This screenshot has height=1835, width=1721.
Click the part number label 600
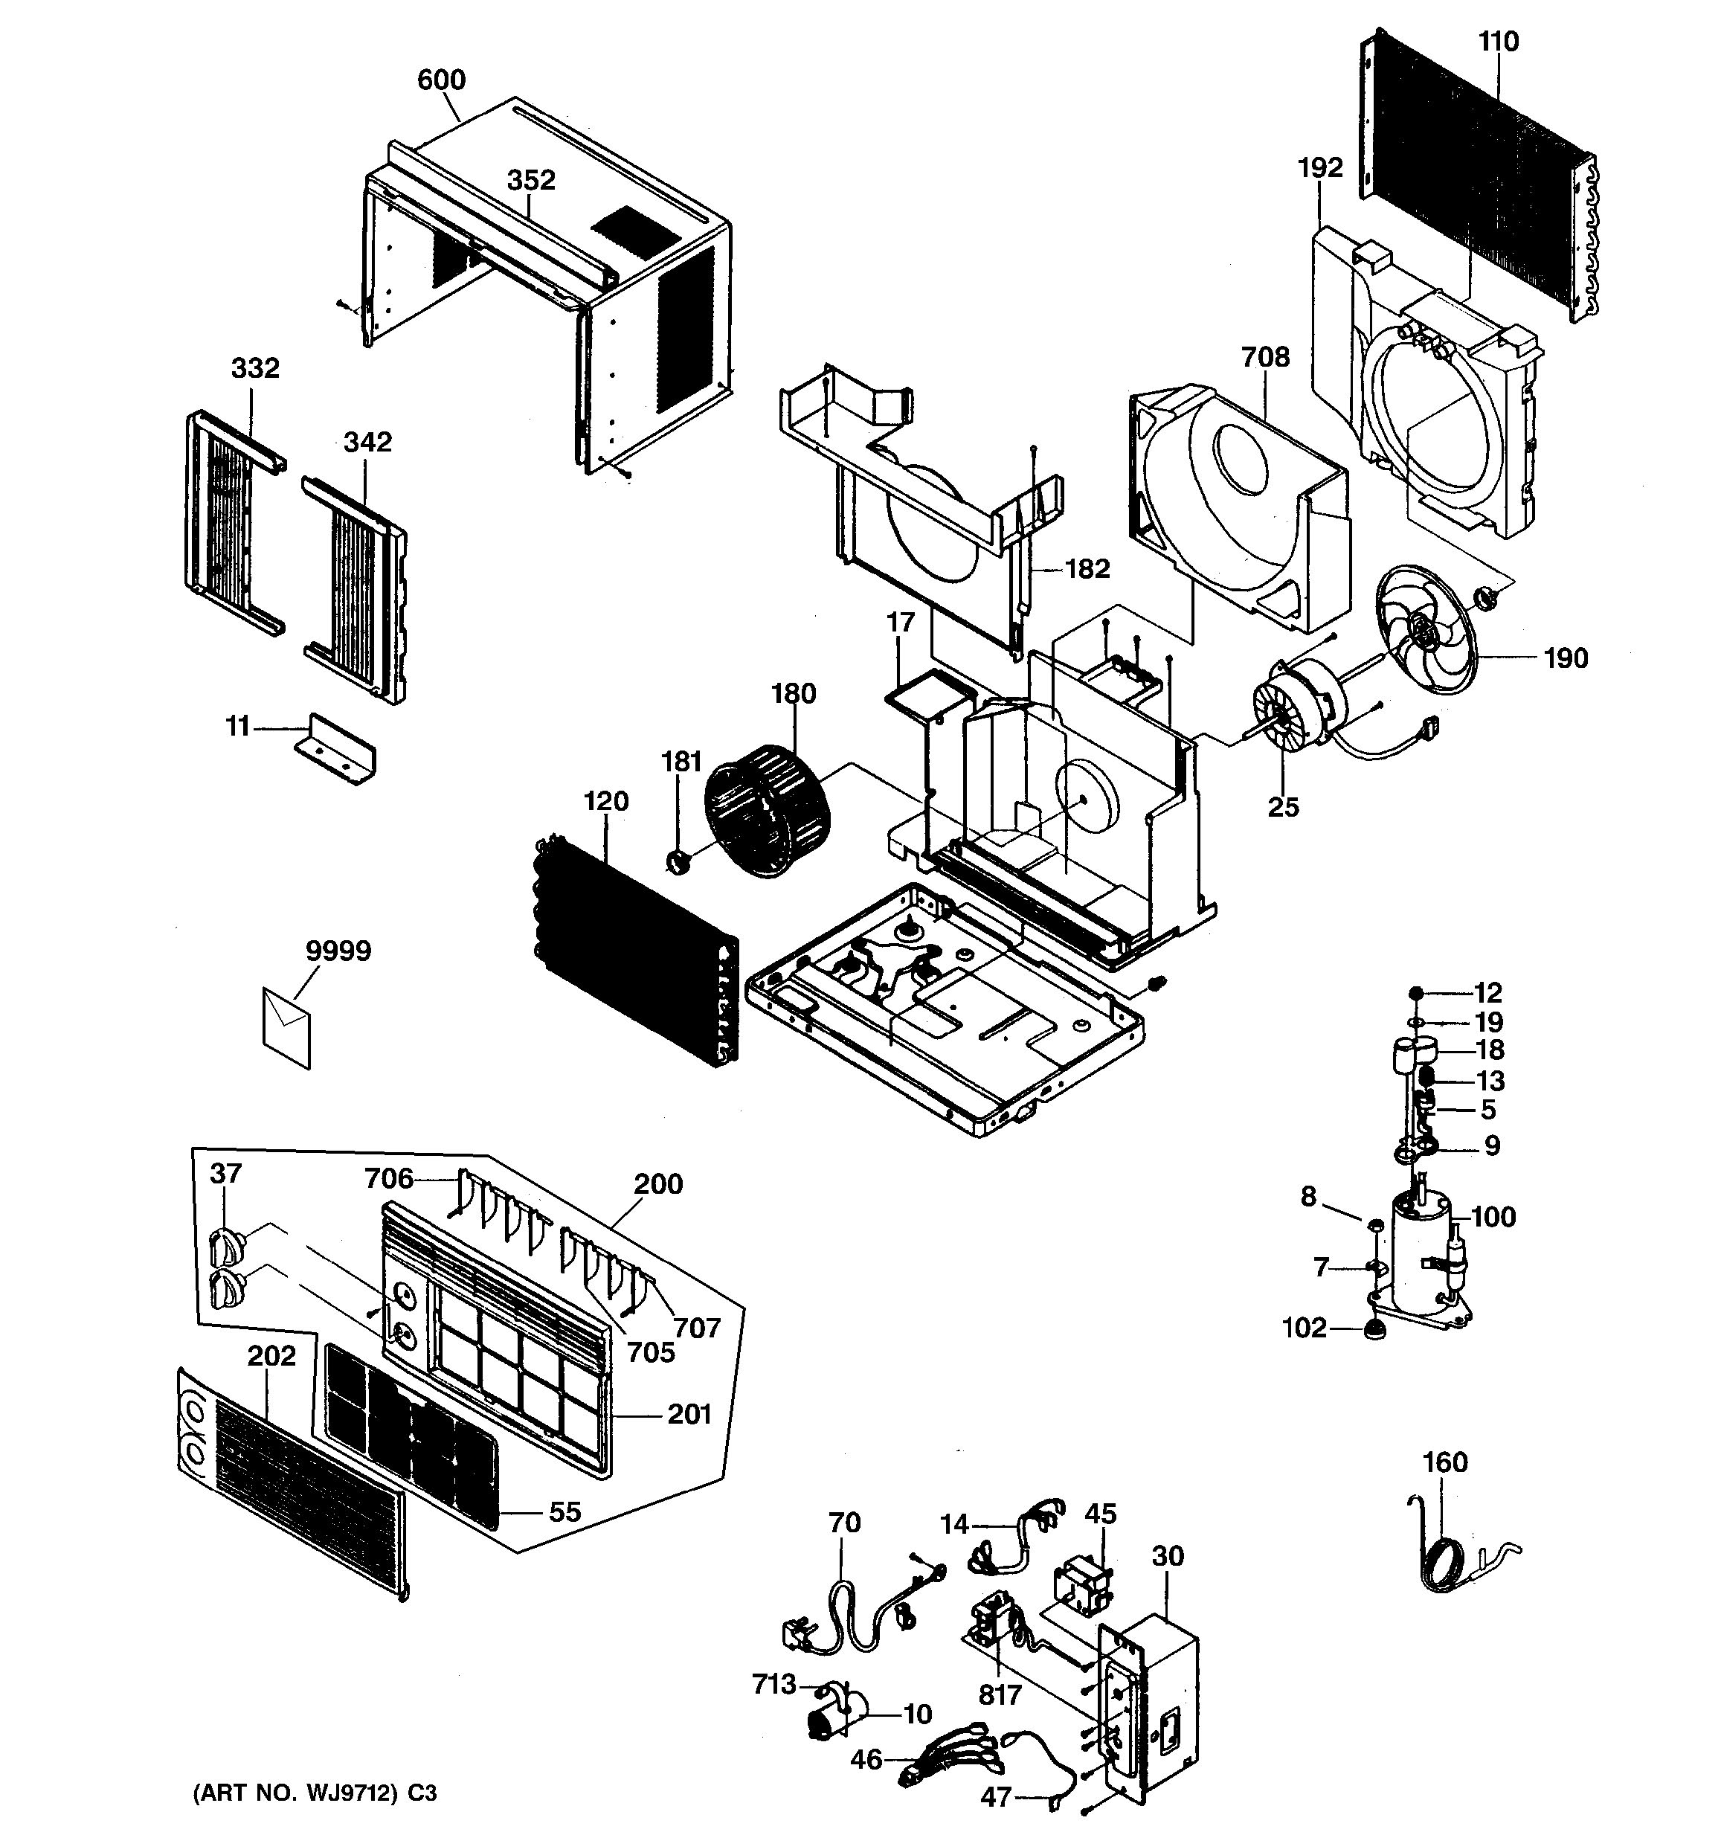coord(441,80)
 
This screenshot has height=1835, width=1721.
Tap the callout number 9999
coord(338,951)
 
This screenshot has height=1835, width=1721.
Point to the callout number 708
coord(1265,357)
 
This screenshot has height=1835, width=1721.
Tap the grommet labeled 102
coord(1376,1330)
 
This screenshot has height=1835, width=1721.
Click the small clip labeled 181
coord(678,863)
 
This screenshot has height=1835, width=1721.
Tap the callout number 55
coord(564,1512)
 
